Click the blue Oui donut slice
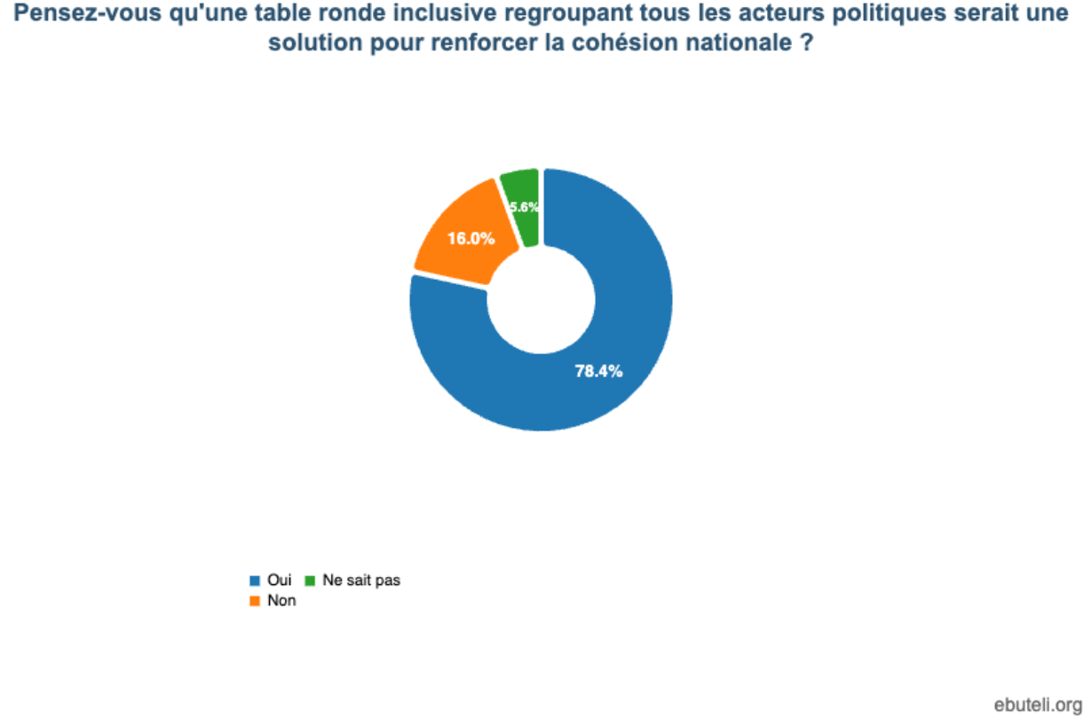629,339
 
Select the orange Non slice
464,237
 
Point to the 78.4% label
598,371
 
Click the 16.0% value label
471,238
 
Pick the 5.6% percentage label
524,207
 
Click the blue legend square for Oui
255,581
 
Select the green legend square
310,581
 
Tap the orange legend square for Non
255,601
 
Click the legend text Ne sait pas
361,580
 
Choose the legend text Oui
280,580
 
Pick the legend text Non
281,600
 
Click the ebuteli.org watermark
1038,706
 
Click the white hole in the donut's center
541,300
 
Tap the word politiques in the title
889,13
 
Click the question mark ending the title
806,43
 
